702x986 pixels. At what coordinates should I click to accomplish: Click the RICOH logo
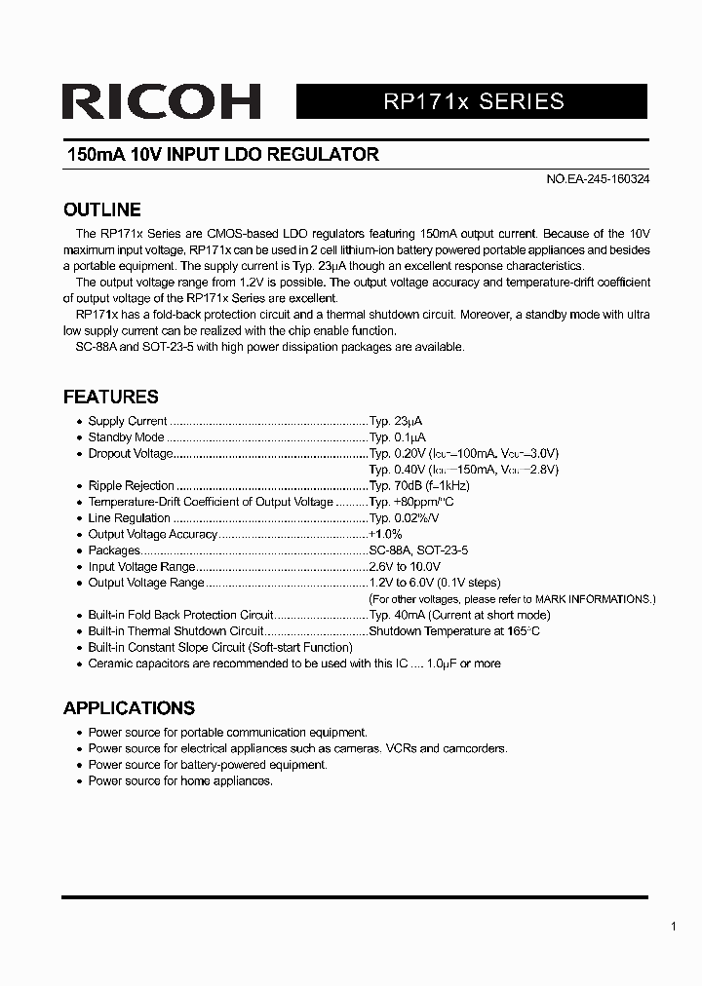tap(161, 101)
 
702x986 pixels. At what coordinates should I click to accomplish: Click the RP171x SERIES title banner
tap(472, 101)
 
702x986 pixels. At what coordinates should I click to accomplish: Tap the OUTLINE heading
tap(101, 209)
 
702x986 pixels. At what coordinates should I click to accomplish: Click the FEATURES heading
tap(110, 397)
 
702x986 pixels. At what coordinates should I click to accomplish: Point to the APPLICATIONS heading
tap(129, 708)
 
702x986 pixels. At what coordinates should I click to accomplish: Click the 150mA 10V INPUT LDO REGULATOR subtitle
tap(222, 155)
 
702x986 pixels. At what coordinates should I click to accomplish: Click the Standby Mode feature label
tap(126, 437)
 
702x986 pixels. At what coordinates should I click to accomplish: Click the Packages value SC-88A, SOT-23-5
tap(418, 550)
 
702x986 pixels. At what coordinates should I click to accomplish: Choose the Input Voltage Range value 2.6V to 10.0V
tap(405, 566)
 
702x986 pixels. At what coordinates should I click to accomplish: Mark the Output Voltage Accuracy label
tap(152, 534)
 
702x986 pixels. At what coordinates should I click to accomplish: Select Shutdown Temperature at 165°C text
tap(454, 631)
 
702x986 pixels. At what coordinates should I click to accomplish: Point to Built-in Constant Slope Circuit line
tap(219, 647)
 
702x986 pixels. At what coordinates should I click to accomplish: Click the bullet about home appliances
tap(180, 780)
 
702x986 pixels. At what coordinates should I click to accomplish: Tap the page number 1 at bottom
tap(674, 927)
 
